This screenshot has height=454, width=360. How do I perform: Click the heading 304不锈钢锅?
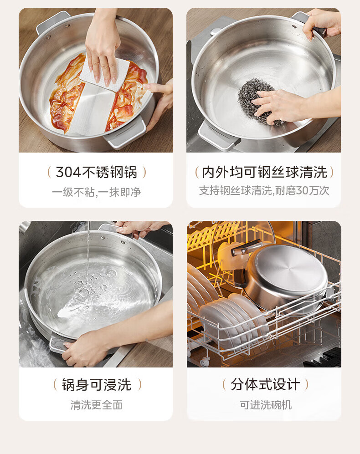96,172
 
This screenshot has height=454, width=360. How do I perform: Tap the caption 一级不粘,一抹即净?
96,192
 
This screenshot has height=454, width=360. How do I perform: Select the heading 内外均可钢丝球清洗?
264,172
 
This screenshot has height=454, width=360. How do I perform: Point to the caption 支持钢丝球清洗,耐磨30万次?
264,190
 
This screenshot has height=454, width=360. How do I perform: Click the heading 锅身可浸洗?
97,385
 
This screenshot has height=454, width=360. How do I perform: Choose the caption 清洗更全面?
97,405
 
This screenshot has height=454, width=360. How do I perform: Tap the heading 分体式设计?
265,385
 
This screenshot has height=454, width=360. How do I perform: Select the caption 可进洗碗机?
266,405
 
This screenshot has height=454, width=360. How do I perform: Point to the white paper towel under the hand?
106,74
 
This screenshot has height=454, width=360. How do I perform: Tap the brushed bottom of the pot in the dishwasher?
287,269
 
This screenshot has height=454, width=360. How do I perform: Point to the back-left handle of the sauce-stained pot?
52,22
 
